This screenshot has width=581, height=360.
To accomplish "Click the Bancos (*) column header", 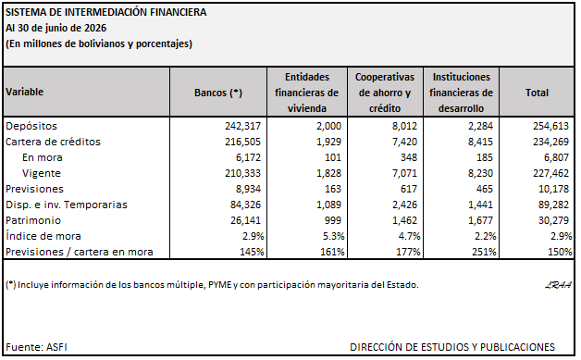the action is pos(218,93).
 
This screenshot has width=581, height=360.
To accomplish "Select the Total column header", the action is pos(537,93).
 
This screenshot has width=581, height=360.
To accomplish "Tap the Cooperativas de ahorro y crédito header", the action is pos(385,93).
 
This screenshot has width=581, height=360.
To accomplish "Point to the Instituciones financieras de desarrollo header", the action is pos(461,93).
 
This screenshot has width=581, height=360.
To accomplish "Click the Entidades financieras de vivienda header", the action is pos(307,93).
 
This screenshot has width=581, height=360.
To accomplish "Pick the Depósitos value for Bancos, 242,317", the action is pos(242,126).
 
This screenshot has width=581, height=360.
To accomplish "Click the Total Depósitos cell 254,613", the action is pos(550,126).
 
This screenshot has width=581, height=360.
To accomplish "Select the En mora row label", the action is pos(43,157).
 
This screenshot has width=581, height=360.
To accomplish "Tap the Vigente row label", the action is pos(42,173).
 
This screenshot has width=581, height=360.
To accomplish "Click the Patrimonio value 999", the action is pos(332,220).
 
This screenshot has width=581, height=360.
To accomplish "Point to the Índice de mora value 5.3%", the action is pos(332,236).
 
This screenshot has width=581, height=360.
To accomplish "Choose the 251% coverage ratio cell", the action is pos(484,252).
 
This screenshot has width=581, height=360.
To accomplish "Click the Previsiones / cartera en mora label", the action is pos(80,252).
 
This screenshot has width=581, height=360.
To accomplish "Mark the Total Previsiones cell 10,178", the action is pos(553,189).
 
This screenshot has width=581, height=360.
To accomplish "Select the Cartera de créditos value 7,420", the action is pos(404,142).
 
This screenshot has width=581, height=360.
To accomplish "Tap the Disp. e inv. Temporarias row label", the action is pos(67,205).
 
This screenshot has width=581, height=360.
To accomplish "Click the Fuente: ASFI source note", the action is pos(36,347).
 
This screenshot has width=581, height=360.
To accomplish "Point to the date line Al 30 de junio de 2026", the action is pos(56,28).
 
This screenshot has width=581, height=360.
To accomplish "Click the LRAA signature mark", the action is pos(558,285).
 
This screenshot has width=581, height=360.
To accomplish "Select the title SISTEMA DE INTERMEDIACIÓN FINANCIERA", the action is pos(106,12).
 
